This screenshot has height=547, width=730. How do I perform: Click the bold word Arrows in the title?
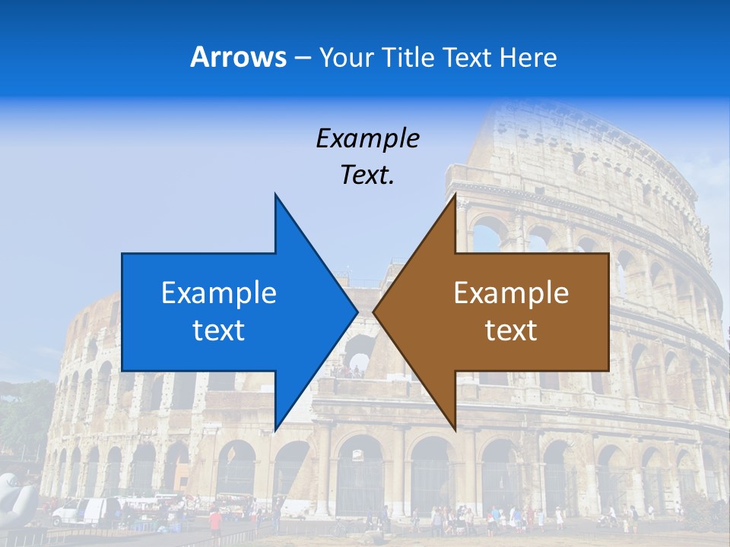(x=239, y=57)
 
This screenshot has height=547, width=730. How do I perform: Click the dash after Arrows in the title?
(x=302, y=58)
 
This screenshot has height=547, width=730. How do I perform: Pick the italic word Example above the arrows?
(x=367, y=139)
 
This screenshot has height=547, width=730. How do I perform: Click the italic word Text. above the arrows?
(x=367, y=175)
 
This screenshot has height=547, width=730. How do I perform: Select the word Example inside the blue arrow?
(x=219, y=293)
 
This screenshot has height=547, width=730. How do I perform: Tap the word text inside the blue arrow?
(x=219, y=330)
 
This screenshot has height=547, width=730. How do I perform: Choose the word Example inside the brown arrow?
(x=511, y=293)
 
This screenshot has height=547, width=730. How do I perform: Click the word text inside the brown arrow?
(x=511, y=330)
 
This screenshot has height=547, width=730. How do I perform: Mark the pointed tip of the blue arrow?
(x=357, y=311)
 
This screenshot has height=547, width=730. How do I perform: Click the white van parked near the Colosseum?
(x=81, y=511)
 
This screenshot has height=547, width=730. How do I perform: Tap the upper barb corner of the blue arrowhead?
(x=275, y=194)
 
